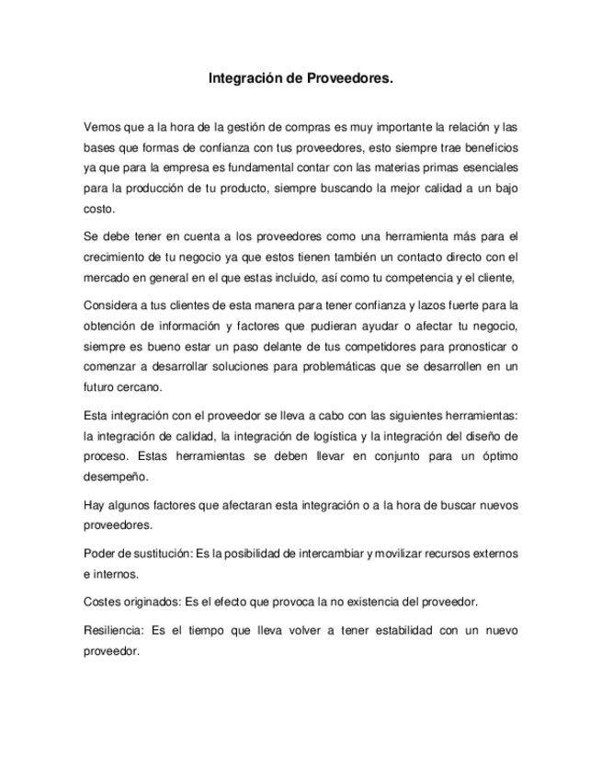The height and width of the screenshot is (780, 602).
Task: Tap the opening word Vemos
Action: point(101,126)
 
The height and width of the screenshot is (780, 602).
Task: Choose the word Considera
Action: point(110,304)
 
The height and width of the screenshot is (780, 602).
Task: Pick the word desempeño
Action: point(115,477)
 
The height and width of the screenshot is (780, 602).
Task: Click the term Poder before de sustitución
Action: point(99,553)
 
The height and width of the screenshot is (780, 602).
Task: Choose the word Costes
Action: point(101,602)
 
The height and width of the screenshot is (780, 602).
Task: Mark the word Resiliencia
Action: point(113,631)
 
